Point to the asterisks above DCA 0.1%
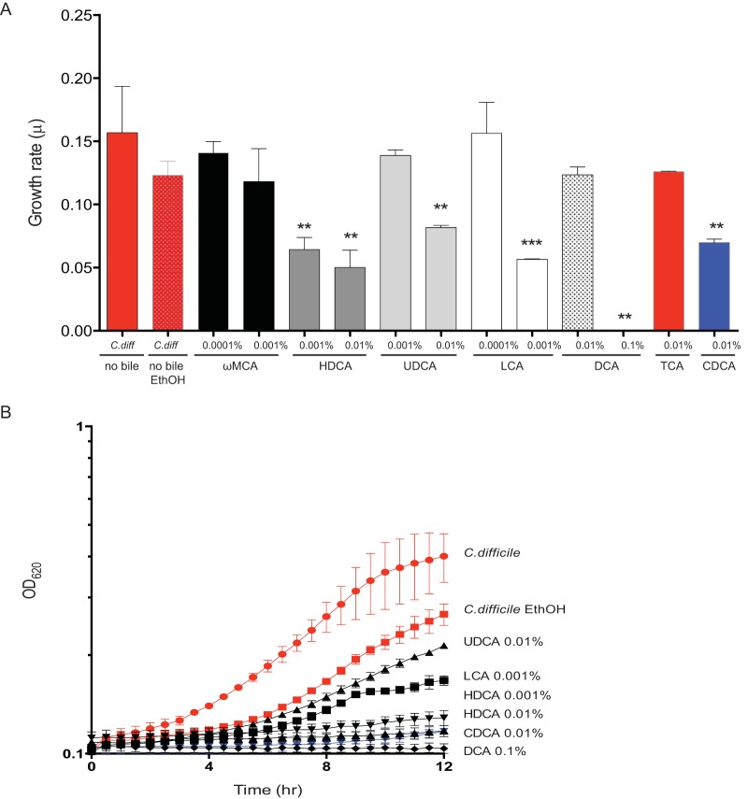(x=624, y=317)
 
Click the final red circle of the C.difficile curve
(x=443, y=556)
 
